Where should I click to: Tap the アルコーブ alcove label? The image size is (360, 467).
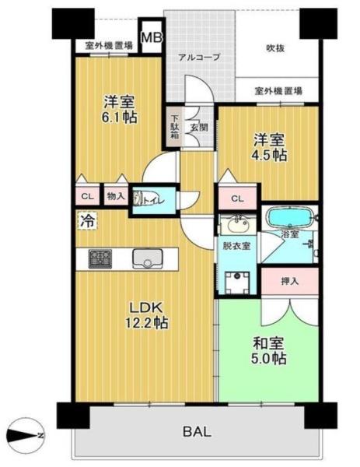pyautogui.click(x=198, y=57)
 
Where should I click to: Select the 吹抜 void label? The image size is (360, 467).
pyautogui.click(x=274, y=48)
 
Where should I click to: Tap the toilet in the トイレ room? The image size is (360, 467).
pyautogui.click(x=142, y=198)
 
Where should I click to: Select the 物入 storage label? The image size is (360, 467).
pyautogui.click(x=114, y=198)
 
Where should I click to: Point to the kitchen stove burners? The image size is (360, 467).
pyautogui.click(x=100, y=258)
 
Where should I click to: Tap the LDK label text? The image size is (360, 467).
pyautogui.click(x=145, y=307)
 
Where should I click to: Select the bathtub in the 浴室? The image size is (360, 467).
pyautogui.click(x=289, y=216)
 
